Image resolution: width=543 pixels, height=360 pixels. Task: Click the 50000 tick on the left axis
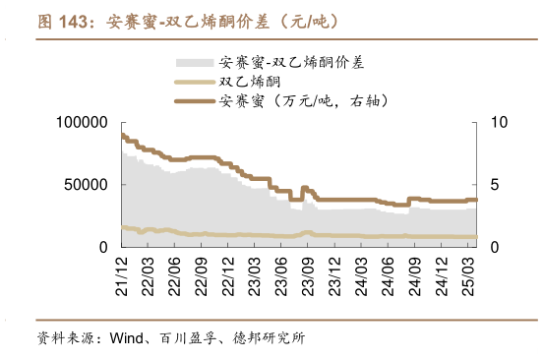[87, 185]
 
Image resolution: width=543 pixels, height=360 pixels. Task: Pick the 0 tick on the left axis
[101, 247]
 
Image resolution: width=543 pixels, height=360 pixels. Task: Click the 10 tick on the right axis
[497, 123]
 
